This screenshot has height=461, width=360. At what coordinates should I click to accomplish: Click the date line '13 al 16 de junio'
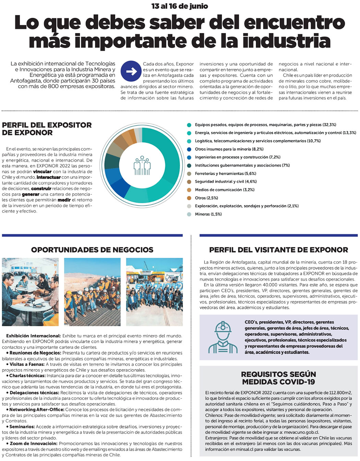180,6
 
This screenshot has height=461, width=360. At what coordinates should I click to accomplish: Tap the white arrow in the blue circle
131,71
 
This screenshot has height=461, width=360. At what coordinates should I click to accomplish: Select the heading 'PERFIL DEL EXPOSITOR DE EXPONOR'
47,129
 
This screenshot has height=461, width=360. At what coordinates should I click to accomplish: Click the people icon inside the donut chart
142,166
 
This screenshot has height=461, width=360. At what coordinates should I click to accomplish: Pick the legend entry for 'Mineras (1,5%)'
208,214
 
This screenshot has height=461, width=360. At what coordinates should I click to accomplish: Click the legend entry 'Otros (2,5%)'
206,198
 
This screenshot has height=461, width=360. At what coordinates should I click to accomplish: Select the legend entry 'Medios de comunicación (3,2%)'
225,190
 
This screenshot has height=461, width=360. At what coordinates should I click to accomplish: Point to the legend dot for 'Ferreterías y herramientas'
189,174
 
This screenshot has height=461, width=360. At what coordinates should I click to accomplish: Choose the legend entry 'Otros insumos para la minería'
229,149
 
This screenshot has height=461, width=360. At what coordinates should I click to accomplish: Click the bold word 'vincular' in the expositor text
42,172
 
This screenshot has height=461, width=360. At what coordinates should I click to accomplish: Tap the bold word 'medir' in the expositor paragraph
64,200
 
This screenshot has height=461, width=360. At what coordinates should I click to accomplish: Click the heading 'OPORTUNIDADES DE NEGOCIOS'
92,250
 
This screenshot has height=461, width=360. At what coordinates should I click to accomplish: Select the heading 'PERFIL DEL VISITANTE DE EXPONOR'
278,250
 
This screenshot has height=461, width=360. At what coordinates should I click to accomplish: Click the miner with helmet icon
223,337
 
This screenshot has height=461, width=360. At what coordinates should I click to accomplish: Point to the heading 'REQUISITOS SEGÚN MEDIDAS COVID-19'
278,378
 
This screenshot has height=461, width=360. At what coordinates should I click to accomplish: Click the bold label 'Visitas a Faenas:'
27,364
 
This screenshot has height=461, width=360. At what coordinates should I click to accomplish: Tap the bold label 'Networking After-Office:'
37,410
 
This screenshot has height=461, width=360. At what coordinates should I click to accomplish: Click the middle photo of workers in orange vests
92,292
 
